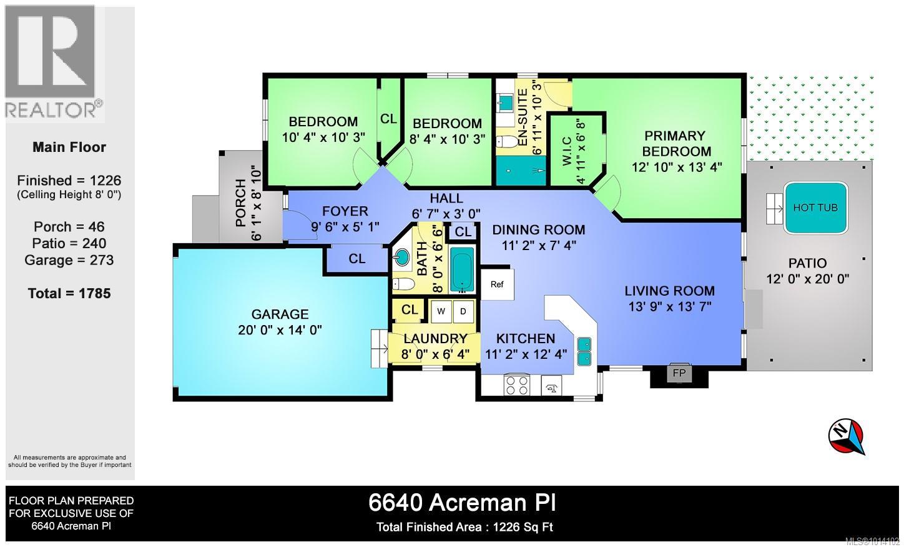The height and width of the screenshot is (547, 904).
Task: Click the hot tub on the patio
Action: [815, 208]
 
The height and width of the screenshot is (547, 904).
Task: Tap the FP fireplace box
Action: [679, 374]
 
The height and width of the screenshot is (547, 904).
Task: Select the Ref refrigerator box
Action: [497, 284]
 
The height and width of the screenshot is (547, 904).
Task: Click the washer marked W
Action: [441, 311]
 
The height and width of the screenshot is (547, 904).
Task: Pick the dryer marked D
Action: [463, 311]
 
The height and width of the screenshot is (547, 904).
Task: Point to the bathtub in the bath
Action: [462, 269]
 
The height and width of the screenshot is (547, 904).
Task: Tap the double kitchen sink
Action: [584, 351]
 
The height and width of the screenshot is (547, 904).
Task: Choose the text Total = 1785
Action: [69, 293]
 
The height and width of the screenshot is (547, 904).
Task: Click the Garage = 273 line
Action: [69, 260]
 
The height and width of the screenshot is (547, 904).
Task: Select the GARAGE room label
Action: [280, 314]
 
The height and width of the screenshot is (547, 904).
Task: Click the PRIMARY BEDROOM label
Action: [676, 144]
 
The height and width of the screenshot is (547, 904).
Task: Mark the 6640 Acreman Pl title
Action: [462, 502]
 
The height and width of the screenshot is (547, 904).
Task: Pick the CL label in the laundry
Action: [410, 309]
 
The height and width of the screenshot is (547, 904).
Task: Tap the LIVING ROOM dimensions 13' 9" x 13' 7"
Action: [670, 306]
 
